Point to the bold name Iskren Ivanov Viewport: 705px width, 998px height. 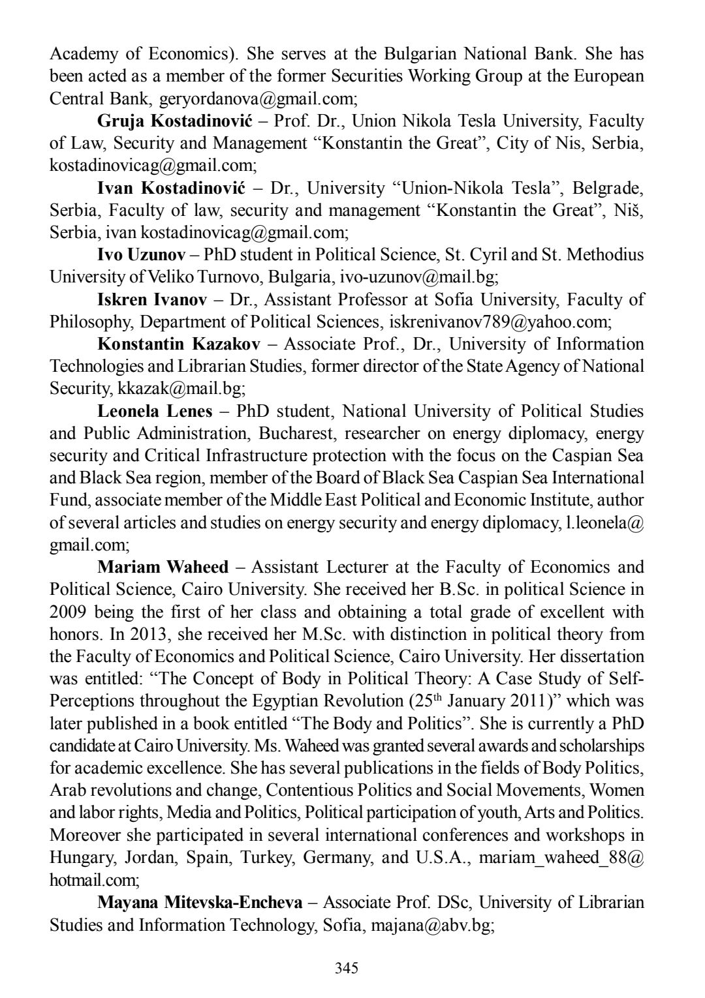[x=152, y=299]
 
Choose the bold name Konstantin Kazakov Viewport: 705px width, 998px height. [x=178, y=344]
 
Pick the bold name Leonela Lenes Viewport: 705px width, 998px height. [x=155, y=411]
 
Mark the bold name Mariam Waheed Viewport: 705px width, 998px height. [x=163, y=567]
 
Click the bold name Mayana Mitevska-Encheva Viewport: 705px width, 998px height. [x=200, y=902]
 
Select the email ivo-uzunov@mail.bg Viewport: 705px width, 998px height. [x=417, y=277]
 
